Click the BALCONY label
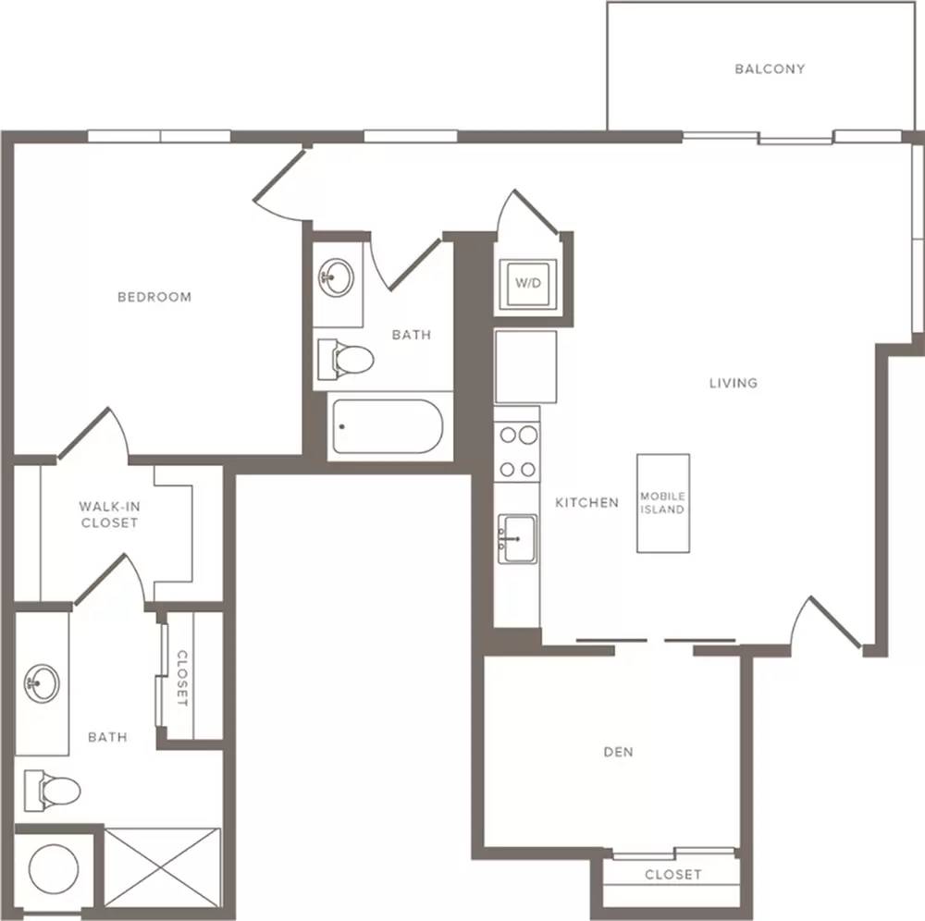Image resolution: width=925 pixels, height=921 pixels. pyautogui.click(x=770, y=69)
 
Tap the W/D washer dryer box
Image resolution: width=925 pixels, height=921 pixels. pyautogui.click(x=527, y=284)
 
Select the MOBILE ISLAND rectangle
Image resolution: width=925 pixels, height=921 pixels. pyautogui.click(x=663, y=503)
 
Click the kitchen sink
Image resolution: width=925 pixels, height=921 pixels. pyautogui.click(x=517, y=539)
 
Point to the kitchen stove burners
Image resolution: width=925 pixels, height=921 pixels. pyautogui.click(x=518, y=451)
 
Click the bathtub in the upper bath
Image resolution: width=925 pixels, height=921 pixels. pyautogui.click(x=388, y=426)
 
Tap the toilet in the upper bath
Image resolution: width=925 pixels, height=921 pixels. pyautogui.click(x=345, y=359)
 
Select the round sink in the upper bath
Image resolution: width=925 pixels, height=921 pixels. pyautogui.click(x=337, y=276)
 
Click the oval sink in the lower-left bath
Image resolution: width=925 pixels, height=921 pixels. pyautogui.click(x=42, y=683)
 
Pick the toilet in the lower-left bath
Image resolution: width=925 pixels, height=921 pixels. pyautogui.click(x=52, y=790)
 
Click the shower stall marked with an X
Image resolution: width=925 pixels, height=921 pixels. pyautogui.click(x=162, y=867)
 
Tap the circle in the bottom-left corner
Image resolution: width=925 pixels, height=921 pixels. pyautogui.click(x=54, y=869)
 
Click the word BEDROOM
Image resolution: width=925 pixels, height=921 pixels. pyautogui.click(x=154, y=297)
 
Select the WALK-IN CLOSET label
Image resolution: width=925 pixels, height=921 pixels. pyautogui.click(x=109, y=515)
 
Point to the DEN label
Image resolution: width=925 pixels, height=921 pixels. pyautogui.click(x=618, y=752)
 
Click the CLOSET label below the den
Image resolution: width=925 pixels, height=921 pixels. pyautogui.click(x=673, y=875)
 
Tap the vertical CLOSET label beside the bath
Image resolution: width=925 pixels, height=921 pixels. pyautogui.click(x=182, y=678)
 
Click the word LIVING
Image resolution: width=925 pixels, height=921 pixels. pyautogui.click(x=734, y=383)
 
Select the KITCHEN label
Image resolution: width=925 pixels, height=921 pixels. pyautogui.click(x=587, y=503)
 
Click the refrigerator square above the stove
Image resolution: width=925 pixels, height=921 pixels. pyautogui.click(x=525, y=367)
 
